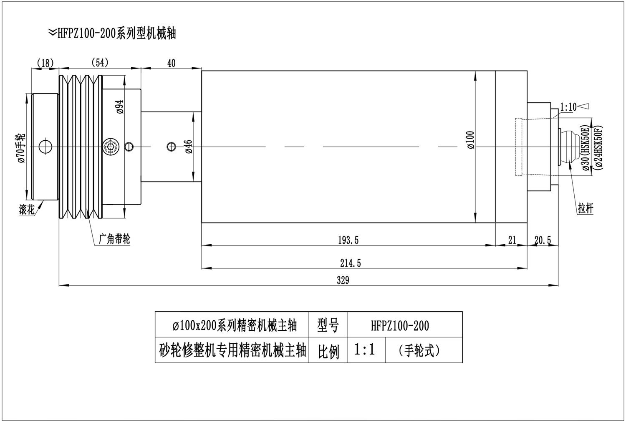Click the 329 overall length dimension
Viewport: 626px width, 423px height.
[x=343, y=280]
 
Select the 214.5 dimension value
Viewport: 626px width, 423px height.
[x=350, y=263]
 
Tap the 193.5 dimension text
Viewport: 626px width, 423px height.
[x=348, y=240]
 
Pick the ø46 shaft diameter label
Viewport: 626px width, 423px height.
[x=188, y=147]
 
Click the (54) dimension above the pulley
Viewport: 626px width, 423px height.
[x=100, y=63]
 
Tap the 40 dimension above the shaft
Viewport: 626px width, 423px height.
[x=171, y=63]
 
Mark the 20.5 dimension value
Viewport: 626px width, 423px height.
[x=543, y=240]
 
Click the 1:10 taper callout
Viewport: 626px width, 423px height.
[x=568, y=107]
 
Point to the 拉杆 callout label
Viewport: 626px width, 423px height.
[x=585, y=208]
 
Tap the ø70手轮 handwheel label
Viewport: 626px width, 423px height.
[x=20, y=148]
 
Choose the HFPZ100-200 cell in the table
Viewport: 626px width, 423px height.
[x=399, y=326]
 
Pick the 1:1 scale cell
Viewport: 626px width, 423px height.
[x=365, y=349]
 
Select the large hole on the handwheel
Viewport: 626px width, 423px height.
[x=45, y=146]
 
